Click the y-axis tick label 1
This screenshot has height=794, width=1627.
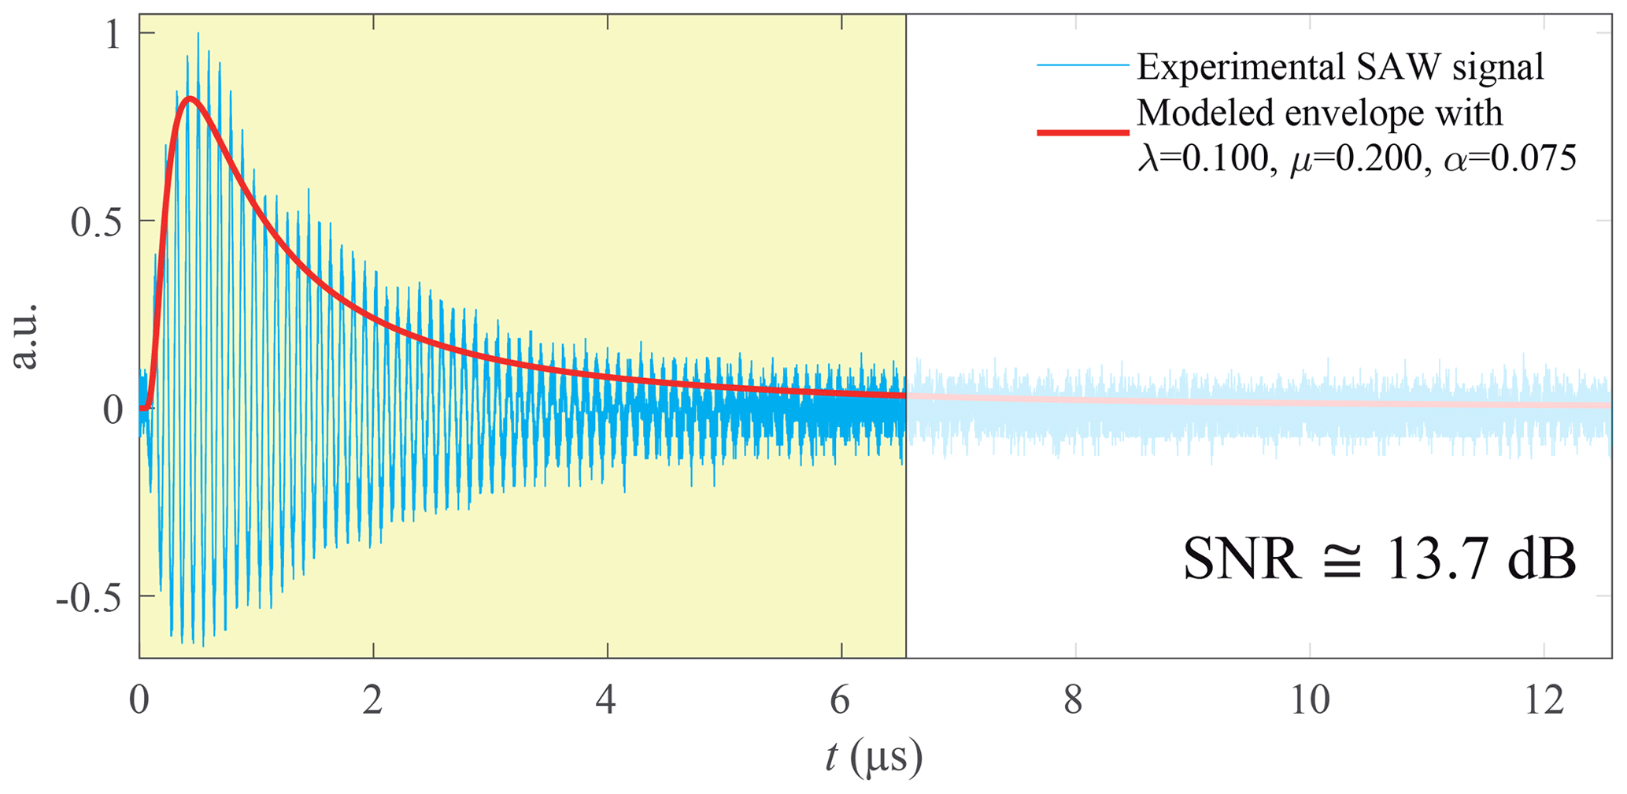point(113,35)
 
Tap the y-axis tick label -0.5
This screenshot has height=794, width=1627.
point(89,599)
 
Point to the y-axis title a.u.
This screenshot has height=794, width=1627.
point(26,336)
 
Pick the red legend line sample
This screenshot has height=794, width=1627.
point(1083,132)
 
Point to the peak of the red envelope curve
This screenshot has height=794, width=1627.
point(190,98)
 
